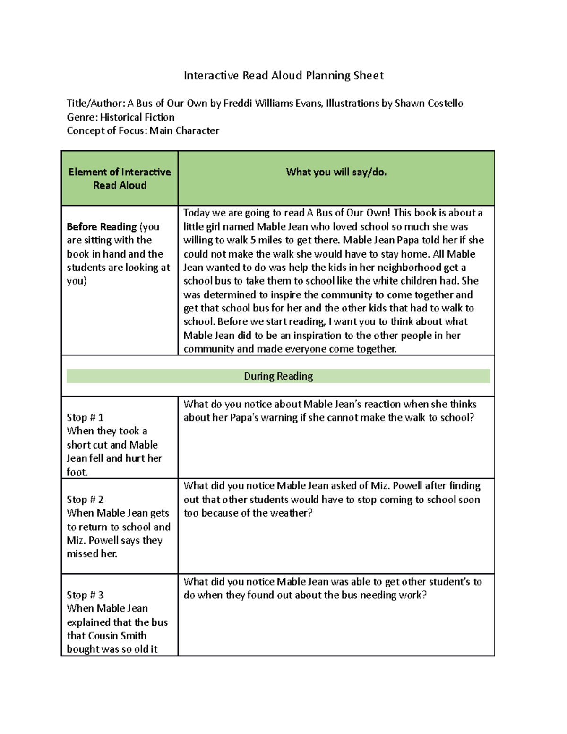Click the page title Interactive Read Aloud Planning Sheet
(x=283, y=76)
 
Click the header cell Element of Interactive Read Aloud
(x=120, y=179)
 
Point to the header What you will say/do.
(x=336, y=172)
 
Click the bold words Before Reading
(x=102, y=226)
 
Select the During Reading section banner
(x=278, y=376)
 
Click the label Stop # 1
(x=85, y=417)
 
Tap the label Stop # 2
(x=85, y=500)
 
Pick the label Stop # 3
(x=85, y=595)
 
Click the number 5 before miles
(x=254, y=240)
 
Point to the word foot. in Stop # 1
(x=77, y=472)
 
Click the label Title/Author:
(x=96, y=103)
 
